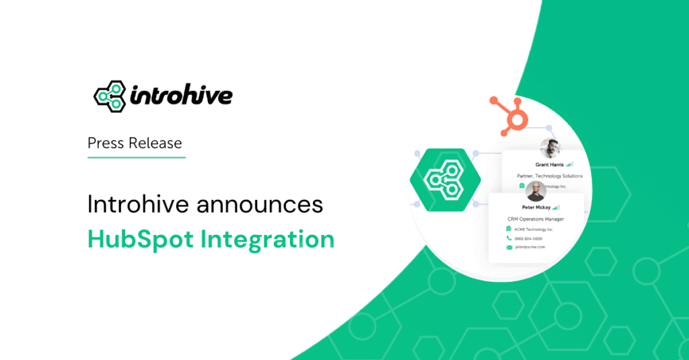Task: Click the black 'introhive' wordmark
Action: click(x=178, y=96)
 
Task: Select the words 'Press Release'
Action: click(x=135, y=143)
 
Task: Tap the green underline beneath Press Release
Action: click(x=137, y=157)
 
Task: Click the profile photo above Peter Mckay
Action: click(x=536, y=192)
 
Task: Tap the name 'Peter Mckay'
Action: click(x=531, y=207)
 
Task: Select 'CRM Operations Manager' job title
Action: click(x=536, y=219)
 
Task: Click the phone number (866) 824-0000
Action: click(x=530, y=238)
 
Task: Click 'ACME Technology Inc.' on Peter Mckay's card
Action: click(x=534, y=229)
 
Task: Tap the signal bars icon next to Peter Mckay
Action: click(x=555, y=207)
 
